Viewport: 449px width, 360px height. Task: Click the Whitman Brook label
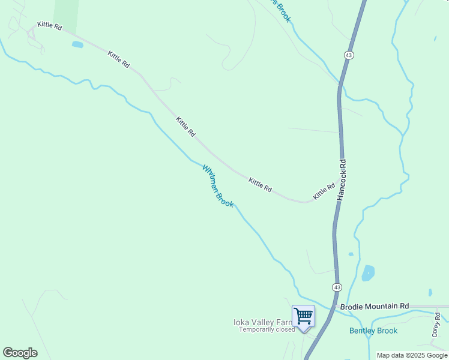[x=218, y=187]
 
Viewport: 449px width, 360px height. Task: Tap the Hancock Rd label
[x=342, y=179]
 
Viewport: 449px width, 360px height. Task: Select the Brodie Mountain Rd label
[x=374, y=306]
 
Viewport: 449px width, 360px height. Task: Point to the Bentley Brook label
[x=373, y=331]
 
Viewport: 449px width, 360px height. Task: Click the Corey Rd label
[x=436, y=324]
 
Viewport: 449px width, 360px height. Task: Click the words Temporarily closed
[x=267, y=329]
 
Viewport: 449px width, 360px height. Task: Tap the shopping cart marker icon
[x=303, y=316]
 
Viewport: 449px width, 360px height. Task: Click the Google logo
[x=20, y=353]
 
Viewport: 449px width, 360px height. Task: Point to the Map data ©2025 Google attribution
[x=412, y=355]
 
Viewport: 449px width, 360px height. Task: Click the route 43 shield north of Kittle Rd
[x=349, y=55]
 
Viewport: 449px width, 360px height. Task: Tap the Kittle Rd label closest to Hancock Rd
[x=324, y=192]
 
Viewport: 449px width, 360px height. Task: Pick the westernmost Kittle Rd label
[x=49, y=25]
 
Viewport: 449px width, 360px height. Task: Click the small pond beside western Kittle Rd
[x=77, y=44]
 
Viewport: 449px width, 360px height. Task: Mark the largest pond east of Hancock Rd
[x=368, y=274]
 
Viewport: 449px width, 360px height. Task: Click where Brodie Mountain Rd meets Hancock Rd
[x=332, y=307]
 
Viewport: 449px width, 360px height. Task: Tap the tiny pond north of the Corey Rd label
[x=430, y=293]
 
